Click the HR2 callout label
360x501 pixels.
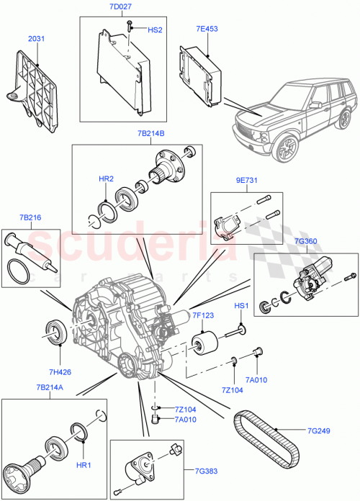point(106,178)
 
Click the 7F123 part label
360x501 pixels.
point(204,315)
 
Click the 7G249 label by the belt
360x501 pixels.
point(319,432)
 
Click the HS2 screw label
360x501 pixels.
point(155,30)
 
